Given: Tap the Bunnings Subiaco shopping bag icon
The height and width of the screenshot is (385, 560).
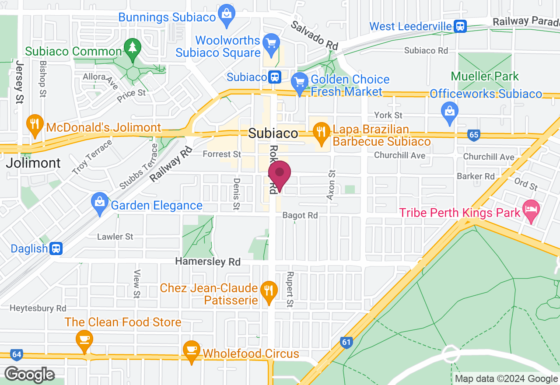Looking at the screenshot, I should [227, 13].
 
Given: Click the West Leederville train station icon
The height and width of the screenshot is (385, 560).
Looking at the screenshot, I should [460, 26].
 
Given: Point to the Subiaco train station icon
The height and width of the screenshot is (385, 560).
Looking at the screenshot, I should [274, 77].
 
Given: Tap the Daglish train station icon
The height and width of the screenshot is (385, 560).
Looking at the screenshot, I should [56, 249].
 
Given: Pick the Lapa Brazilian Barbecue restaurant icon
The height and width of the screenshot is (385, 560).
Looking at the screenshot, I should [322, 131].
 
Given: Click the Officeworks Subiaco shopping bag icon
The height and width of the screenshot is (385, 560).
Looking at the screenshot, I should [449, 109].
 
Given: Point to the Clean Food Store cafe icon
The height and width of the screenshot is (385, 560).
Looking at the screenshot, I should [84, 339].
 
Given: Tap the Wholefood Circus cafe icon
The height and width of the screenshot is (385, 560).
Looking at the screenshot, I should [191, 350].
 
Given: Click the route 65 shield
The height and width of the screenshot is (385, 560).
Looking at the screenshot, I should [474, 135].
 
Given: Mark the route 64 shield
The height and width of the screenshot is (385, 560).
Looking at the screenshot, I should [17, 354].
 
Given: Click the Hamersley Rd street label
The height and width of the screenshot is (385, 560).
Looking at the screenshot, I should [208, 262].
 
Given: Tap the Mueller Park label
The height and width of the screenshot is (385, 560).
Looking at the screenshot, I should [485, 76].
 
